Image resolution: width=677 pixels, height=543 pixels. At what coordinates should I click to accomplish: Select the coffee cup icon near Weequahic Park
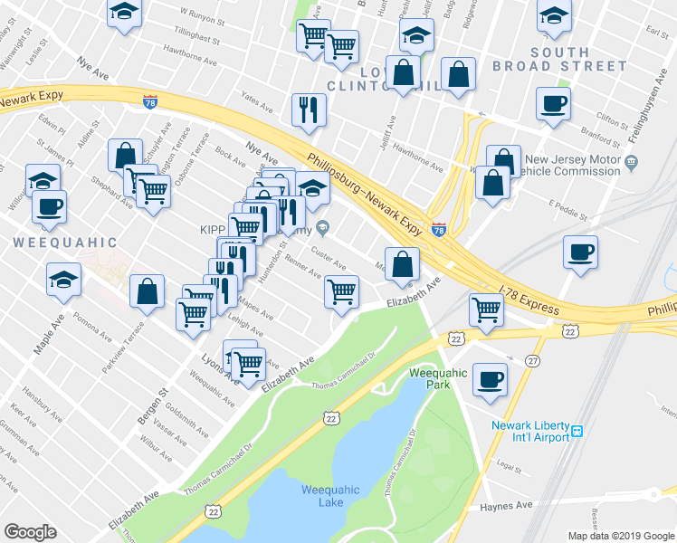[x=491, y=379]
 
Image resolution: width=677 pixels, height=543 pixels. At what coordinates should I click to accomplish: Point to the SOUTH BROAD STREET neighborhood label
[x=559, y=59]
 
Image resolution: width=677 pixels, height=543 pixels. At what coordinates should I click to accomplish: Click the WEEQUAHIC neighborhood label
[x=65, y=243]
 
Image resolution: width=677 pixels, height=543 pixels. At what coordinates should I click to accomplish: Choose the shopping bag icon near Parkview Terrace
[x=147, y=291]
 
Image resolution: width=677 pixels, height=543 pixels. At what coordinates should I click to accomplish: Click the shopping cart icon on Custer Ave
[x=341, y=291]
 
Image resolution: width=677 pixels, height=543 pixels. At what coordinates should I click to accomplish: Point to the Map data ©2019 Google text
[x=620, y=536]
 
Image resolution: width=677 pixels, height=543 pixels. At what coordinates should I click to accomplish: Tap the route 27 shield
[x=533, y=360]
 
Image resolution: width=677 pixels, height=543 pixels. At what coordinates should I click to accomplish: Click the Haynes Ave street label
[x=505, y=504]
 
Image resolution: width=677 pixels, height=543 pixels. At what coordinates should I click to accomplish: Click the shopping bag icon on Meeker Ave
[x=404, y=263]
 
